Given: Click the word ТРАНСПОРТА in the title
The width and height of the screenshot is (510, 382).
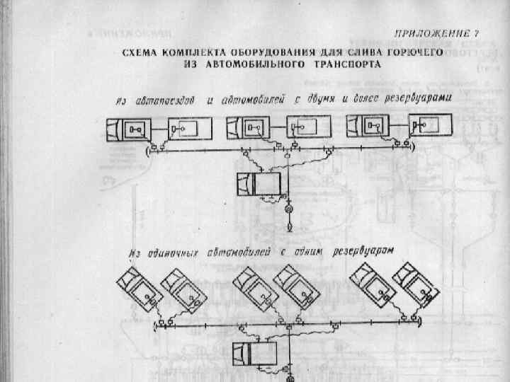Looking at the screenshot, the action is [347, 64].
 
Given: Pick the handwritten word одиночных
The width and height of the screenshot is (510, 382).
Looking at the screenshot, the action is [174, 252].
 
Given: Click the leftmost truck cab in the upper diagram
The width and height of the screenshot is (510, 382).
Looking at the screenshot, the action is [113, 130].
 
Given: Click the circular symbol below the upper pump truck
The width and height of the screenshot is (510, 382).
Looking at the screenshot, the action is [289, 209].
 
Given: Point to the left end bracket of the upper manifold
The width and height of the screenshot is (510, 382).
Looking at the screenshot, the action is [147, 151].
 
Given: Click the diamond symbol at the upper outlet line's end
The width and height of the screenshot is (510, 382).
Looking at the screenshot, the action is [289, 228].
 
